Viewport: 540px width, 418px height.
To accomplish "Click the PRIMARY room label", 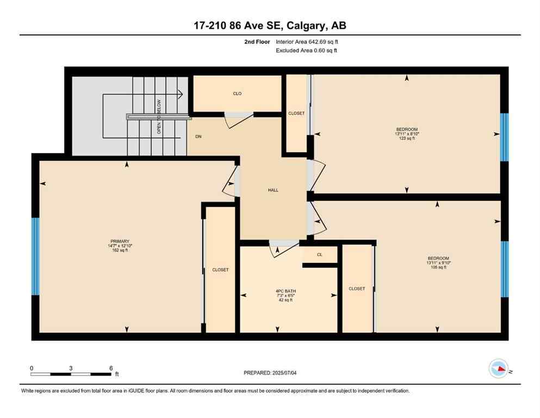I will coord(119,241).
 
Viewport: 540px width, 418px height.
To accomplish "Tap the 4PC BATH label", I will coord(284,291).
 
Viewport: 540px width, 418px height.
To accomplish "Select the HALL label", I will coord(273,190).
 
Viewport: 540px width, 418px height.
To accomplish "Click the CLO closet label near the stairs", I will coord(237,94).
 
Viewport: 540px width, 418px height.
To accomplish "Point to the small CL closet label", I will coord(319,254).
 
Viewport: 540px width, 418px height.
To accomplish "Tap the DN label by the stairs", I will coord(198,137).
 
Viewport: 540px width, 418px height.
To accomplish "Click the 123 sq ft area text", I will coord(407,138).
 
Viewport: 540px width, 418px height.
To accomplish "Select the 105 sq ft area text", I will coord(438,267).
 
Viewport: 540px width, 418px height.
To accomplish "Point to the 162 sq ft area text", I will coord(119,250).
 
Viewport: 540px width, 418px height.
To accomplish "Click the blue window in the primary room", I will coord(35,256).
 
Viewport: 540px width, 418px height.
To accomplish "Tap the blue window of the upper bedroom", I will coord(504,137).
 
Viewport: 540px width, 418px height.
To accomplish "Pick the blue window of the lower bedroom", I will coord(504,269).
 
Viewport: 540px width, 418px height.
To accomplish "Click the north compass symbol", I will coord(499,369).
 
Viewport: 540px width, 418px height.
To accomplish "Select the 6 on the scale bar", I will coord(110,368).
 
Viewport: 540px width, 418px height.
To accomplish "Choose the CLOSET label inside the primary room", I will coord(220,270).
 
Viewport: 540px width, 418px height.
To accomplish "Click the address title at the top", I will coord(270,24).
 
